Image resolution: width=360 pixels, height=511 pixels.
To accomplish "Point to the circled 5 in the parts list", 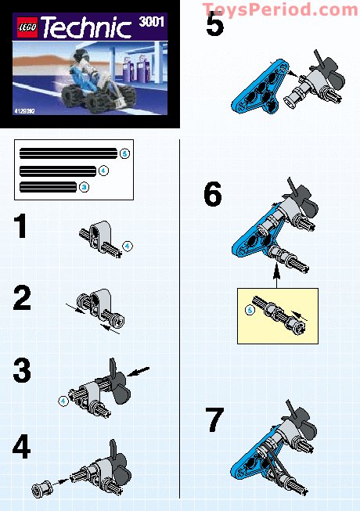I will pos(124,153).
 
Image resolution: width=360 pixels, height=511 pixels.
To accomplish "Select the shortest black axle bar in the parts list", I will pos(49,186).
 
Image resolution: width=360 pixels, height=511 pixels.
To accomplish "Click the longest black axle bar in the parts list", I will pos(68,153).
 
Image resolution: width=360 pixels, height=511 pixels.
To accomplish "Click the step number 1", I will pos(21,228).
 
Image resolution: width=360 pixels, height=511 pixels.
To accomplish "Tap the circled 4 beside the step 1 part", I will pos(128,246).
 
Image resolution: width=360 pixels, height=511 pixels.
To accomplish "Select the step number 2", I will pos(22,299).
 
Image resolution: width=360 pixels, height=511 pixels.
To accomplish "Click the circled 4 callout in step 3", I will pos(63,401).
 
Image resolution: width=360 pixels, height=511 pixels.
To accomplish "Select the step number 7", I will pos(214,421).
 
